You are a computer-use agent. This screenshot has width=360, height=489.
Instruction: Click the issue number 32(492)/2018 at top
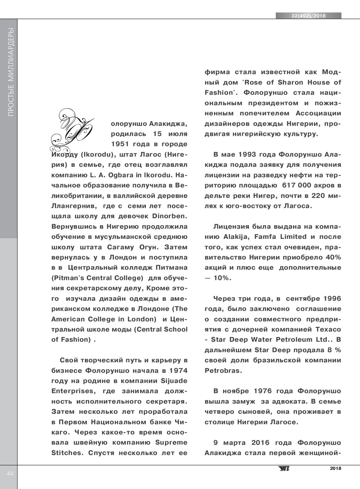[x=308, y=16]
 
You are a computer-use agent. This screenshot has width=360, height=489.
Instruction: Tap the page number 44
[x=10, y=474]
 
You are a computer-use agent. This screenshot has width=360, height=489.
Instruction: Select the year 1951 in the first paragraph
[x=121, y=144]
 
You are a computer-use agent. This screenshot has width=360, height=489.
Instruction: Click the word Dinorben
[x=169, y=216]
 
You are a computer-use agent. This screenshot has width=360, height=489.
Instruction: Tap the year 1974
[x=178, y=370]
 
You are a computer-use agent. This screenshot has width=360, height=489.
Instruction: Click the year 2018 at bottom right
[x=336, y=468]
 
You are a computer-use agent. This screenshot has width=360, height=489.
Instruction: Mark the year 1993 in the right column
[x=247, y=154]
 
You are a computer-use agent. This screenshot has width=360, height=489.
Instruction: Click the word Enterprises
[x=73, y=391]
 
